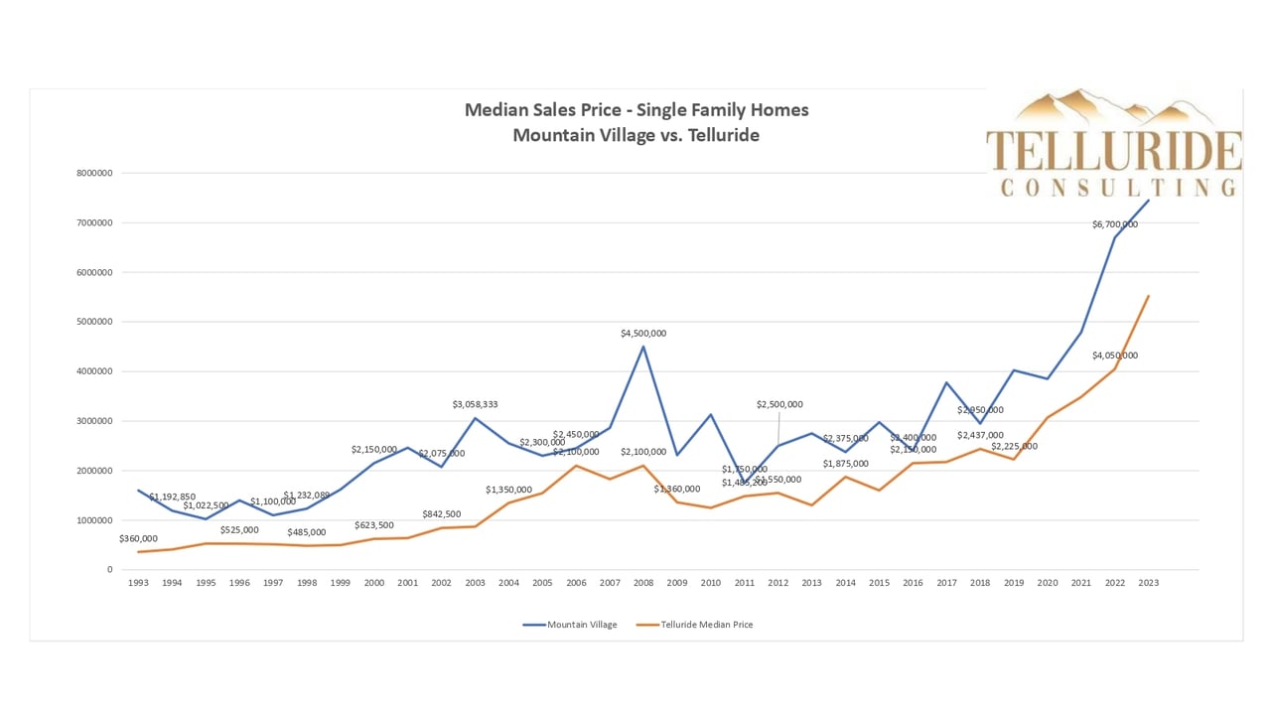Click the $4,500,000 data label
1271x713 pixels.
[x=643, y=334]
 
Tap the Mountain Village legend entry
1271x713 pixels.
[x=581, y=625]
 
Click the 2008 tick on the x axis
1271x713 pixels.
[x=643, y=583]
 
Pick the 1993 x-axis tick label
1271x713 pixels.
[x=138, y=583]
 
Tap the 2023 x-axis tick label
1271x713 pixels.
[x=1149, y=583]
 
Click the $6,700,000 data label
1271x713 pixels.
[x=1114, y=224]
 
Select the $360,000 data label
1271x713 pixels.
[x=138, y=538]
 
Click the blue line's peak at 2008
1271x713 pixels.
[x=643, y=347]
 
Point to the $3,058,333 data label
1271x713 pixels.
[x=475, y=404]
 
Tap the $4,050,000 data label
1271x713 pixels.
[x=1114, y=356]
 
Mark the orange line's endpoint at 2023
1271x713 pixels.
[x=1149, y=296]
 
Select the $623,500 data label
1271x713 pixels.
[x=374, y=524]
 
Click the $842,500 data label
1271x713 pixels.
[x=442, y=514]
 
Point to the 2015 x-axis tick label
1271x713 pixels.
[x=880, y=583]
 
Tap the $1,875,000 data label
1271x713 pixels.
[x=846, y=464]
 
